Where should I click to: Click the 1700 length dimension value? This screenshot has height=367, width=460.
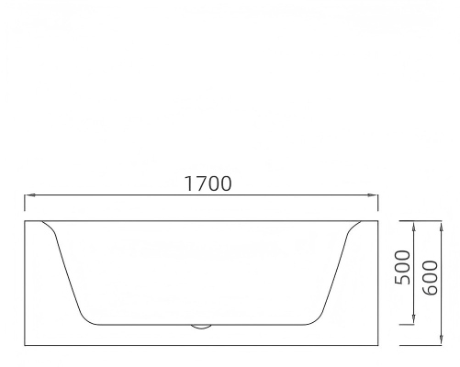(x=208, y=183)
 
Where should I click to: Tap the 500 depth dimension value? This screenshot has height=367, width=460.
(x=402, y=267)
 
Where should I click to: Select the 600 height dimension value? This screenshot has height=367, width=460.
(x=430, y=278)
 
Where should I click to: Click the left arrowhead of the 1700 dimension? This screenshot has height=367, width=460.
(x=29, y=195)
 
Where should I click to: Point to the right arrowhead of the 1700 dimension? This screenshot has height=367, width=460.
(x=373, y=195)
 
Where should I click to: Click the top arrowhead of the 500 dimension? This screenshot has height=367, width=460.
(x=414, y=227)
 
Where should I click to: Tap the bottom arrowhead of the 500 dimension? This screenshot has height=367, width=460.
(x=414, y=318)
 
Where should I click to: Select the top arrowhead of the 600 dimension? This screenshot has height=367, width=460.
(x=441, y=227)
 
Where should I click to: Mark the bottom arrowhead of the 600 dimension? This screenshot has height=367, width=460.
(x=441, y=339)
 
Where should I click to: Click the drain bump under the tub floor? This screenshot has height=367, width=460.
(x=201, y=327)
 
